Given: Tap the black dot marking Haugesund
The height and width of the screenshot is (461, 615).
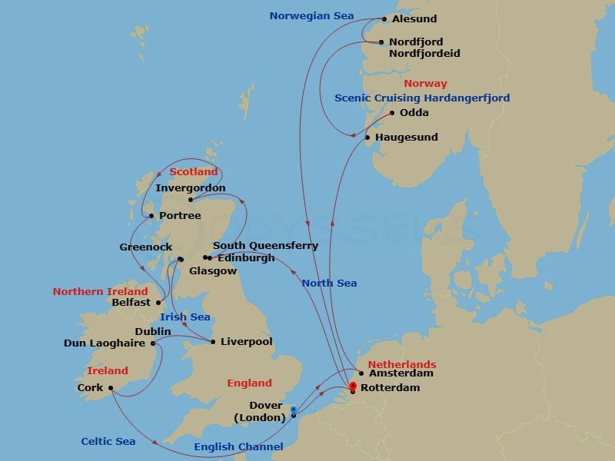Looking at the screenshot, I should tap(367, 138).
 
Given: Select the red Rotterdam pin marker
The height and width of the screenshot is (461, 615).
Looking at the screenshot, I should tap(353, 388).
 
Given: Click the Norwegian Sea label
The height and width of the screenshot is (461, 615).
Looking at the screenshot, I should tap(312, 16).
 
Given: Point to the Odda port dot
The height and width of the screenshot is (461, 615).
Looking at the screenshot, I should tap(392, 113).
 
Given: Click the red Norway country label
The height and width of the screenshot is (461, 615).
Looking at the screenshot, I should tap(426, 84).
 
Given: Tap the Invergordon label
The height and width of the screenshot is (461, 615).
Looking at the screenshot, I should tap(190, 187).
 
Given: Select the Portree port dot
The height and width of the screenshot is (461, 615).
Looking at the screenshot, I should tap(151, 216).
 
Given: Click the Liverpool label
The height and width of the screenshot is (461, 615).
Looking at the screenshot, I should tap(246, 342).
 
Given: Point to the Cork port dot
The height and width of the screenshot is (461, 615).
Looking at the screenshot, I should tap(111, 388).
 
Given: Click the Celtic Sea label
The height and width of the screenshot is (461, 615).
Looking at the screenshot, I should tap(108, 441).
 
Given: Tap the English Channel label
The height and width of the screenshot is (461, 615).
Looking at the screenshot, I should tap(238, 446).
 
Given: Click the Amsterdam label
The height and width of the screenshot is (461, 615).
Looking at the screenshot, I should tap(401, 373).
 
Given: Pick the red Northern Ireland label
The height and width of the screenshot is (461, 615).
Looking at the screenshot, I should tap(100, 292).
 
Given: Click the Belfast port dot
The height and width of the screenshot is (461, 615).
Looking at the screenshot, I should tap(158, 303).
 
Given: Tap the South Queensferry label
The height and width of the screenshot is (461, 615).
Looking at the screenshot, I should tap(265, 246).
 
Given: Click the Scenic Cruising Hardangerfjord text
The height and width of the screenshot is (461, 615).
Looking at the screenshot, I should tap(422, 98).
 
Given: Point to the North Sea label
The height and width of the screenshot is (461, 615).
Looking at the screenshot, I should tap(329, 283).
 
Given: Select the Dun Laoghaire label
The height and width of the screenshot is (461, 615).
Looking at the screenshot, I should tap(105, 343).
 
